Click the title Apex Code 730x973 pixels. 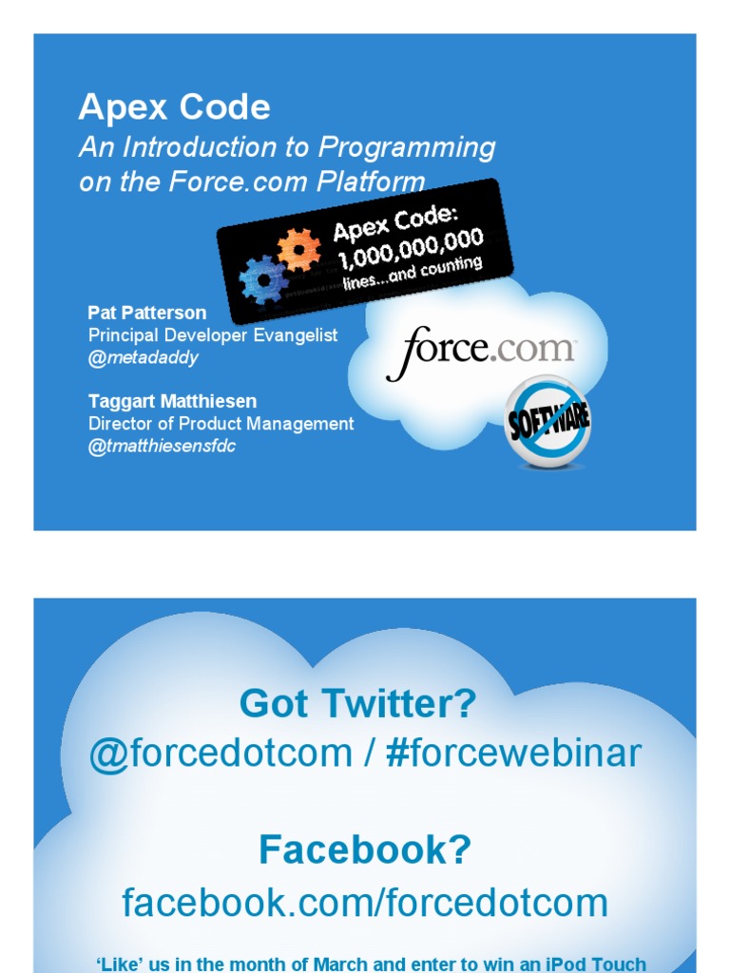(175, 107)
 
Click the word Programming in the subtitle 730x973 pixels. (407, 148)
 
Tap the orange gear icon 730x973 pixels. (299, 250)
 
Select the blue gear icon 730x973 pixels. (264, 280)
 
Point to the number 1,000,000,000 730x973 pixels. (411, 248)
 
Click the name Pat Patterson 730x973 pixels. (147, 313)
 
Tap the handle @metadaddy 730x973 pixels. (144, 358)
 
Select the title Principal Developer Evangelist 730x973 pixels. (213, 335)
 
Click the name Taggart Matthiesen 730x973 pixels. (173, 402)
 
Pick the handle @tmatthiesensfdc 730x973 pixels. (162, 447)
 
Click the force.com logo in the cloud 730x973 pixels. (480, 351)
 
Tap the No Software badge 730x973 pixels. (547, 421)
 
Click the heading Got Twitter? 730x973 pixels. (358, 704)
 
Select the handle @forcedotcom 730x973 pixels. (221, 754)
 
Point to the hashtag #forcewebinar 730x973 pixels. (513, 753)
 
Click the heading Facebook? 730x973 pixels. (365, 849)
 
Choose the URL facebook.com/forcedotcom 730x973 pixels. (365, 903)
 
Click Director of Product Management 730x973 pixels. (221, 424)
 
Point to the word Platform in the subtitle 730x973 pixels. (371, 181)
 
